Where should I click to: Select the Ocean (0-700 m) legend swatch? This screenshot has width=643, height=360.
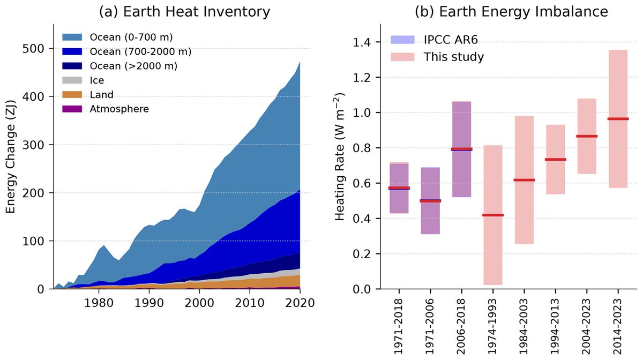pyautogui.click(x=73, y=37)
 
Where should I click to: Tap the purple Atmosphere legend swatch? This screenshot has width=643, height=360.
pyautogui.click(x=73, y=109)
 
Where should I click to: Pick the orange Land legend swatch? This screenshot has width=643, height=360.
pyautogui.click(x=73, y=94)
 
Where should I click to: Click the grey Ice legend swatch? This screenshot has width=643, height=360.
pyautogui.click(x=73, y=80)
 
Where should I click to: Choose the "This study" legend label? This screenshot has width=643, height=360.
pyautogui.click(x=454, y=57)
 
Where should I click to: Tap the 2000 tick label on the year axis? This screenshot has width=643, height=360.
pyautogui.click(x=199, y=303)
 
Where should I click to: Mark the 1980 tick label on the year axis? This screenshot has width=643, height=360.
pyautogui.click(x=99, y=303)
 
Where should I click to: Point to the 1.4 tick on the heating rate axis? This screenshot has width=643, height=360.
pyautogui.click(x=365, y=42)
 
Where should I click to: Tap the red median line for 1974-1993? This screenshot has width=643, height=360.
pyautogui.click(x=492, y=215)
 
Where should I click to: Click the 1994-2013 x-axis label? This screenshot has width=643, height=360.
pyautogui.click(x=556, y=325)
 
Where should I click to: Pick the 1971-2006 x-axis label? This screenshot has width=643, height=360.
pyautogui.click(x=430, y=325)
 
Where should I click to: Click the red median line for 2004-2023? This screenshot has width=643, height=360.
pyautogui.click(x=586, y=136)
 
